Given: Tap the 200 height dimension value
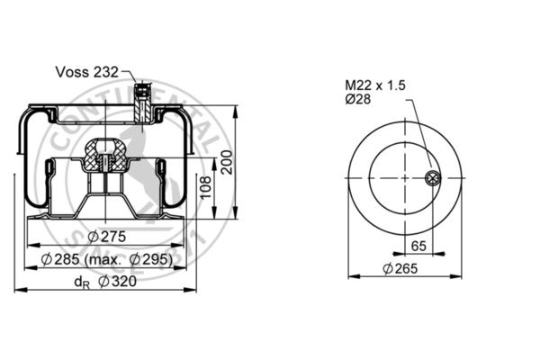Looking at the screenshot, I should coord(228,162).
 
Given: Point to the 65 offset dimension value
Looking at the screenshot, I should coord(418,245).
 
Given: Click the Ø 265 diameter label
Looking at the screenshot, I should coord(403,268).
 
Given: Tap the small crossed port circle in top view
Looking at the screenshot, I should coord(433,177).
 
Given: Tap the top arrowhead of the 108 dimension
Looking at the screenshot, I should coord(216,159).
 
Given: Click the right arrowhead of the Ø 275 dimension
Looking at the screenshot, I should coord(189,246).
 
